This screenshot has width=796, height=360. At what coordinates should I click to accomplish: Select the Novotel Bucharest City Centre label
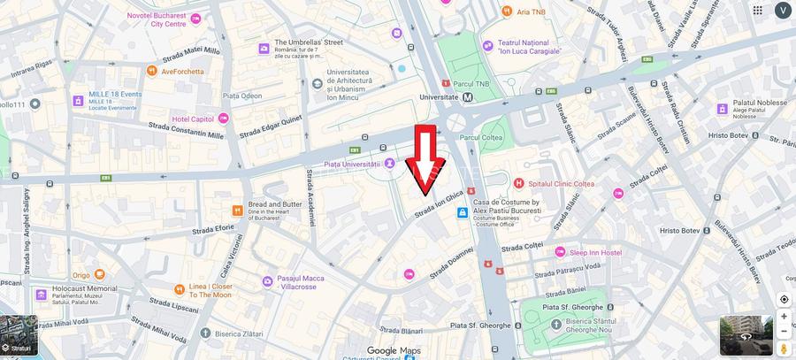(157, 19)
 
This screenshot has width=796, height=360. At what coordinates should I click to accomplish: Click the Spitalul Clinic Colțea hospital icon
(519, 183)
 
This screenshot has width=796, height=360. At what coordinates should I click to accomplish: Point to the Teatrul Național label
(529, 47)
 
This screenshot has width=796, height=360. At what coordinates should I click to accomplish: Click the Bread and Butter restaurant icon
(237, 210)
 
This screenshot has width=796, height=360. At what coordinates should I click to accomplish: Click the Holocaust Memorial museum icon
(41, 294)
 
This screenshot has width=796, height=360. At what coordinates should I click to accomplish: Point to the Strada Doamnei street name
(451, 263)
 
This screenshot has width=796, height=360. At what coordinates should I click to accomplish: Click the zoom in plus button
(784, 316)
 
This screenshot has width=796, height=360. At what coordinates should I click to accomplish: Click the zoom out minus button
(784, 332)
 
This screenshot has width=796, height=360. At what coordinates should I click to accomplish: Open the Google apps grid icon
(758, 10)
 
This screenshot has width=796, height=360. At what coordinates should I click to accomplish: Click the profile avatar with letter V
(783, 10)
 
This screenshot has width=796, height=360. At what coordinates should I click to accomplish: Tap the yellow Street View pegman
(784, 350)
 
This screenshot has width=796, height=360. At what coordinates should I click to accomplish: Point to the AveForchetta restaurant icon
(152, 71)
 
